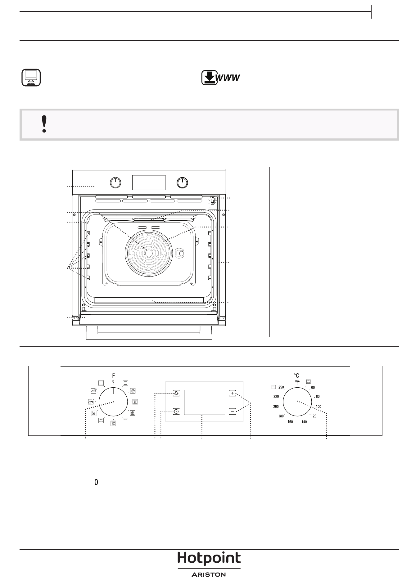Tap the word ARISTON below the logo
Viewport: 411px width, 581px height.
pyautogui.click(x=209, y=574)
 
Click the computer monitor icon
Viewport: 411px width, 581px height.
pyautogui.click(x=31, y=78)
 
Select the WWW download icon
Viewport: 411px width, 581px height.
pyautogui.click(x=221, y=78)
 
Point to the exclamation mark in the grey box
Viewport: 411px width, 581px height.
pyautogui.click(x=44, y=124)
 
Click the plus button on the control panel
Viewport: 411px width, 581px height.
pyautogui.click(x=233, y=393)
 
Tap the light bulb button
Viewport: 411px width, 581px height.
pyautogui.click(x=176, y=393)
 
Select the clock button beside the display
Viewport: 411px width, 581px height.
pyautogui.click(x=176, y=412)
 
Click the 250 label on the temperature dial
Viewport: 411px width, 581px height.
pyautogui.click(x=281, y=387)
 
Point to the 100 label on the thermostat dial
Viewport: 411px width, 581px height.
pyautogui.click(x=318, y=407)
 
